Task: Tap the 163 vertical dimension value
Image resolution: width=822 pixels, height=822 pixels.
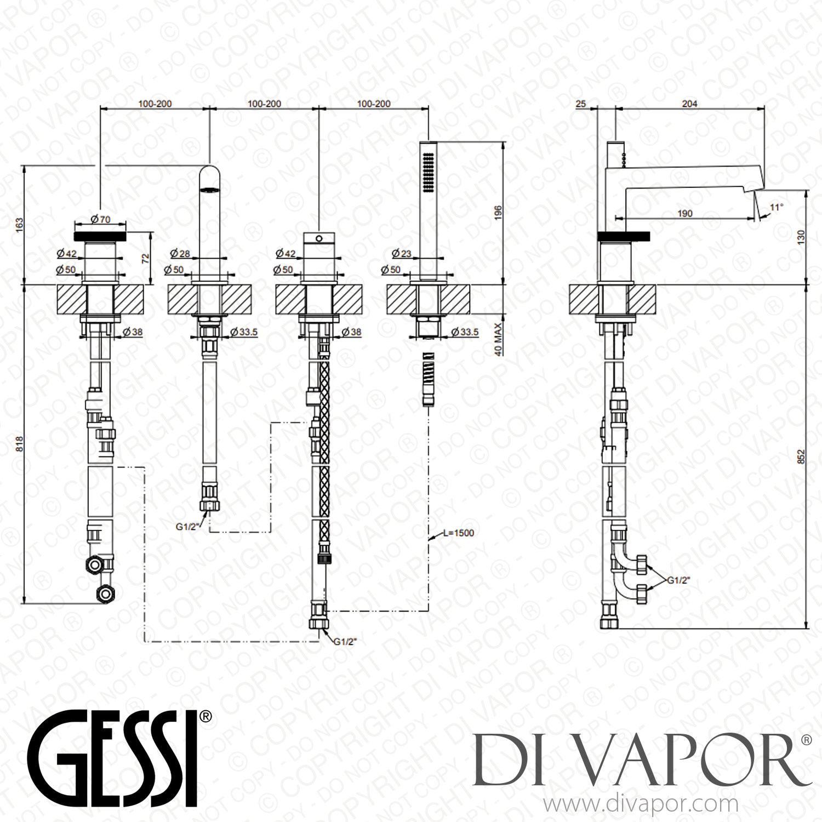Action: pos(20,224)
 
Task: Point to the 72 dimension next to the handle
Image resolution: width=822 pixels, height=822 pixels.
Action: pos(146,259)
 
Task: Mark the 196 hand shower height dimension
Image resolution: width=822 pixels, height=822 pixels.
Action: pos(498,213)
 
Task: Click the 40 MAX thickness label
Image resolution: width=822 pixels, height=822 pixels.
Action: pos(498,339)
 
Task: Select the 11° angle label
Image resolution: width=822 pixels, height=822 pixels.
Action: pos(777,207)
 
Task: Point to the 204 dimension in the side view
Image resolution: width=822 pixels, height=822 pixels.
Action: pos(689,104)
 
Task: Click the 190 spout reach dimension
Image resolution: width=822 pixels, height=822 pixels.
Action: pos(685,213)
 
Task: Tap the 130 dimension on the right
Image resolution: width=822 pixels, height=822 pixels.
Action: pos(801,237)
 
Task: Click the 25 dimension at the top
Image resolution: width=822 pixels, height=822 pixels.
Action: pos(581,104)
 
